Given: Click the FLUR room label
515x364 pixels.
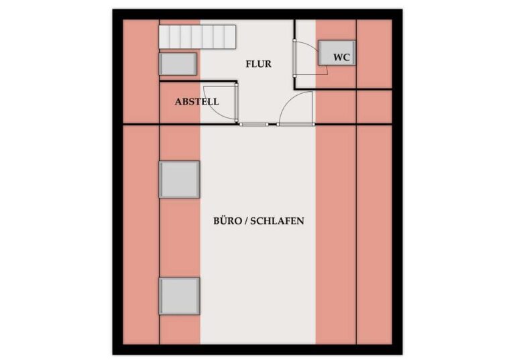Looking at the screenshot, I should (x=258, y=64).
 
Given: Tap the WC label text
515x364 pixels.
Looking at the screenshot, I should (x=341, y=57).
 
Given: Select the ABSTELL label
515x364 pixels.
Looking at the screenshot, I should (x=196, y=102).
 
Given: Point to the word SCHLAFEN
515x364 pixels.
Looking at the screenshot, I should (x=278, y=220).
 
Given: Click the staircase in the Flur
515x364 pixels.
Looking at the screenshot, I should (x=198, y=36).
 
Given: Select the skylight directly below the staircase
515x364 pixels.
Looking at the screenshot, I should (x=178, y=64).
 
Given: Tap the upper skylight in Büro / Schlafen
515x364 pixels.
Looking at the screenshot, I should (x=180, y=179).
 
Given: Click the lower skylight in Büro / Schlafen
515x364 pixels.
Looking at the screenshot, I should (x=180, y=296).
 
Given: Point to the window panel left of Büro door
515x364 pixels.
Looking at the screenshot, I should (x=254, y=124).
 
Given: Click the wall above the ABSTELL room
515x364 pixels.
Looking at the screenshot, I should (x=198, y=82).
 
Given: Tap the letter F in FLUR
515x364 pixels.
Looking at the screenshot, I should (x=248, y=64).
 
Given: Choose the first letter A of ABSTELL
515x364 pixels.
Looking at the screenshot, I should (x=178, y=102).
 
